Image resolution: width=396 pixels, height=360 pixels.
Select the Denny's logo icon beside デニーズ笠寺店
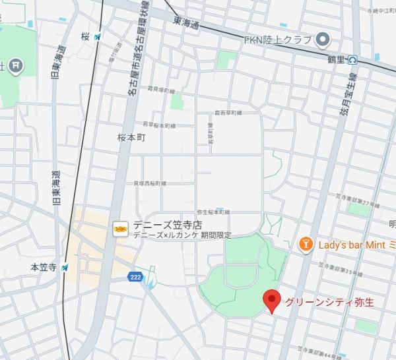click(120, 227)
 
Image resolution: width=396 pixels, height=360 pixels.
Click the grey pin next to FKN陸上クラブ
click(323, 41)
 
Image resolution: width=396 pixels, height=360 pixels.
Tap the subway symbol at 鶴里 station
click(352, 59)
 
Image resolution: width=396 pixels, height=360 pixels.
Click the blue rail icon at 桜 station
click(98, 36)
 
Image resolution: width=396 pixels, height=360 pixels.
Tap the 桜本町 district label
click(131, 140)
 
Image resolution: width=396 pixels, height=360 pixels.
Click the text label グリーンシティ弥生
click(329, 303)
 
